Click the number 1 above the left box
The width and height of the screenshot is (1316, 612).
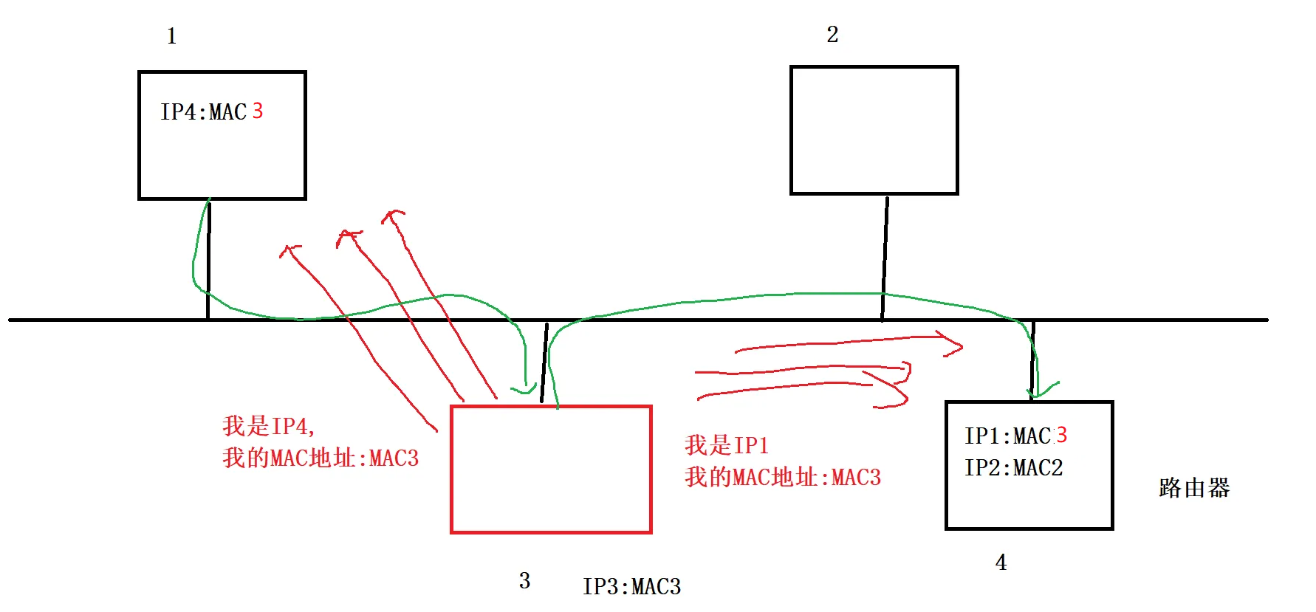(x=171, y=36)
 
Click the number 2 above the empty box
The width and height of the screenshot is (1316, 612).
(x=832, y=35)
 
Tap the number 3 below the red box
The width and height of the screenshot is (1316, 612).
(x=524, y=581)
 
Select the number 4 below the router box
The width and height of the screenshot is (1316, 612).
(x=1001, y=563)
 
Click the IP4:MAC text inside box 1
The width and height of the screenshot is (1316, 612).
(x=203, y=112)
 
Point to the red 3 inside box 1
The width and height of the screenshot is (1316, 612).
(x=258, y=111)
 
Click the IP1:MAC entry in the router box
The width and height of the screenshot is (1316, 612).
(x=1007, y=436)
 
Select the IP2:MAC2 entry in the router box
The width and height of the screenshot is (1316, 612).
(x=1013, y=468)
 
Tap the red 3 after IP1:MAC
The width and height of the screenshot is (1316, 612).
(x=1062, y=435)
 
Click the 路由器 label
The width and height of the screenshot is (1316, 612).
(x=1193, y=488)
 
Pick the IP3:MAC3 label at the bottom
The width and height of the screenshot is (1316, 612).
(x=631, y=587)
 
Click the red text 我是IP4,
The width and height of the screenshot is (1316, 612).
(x=269, y=426)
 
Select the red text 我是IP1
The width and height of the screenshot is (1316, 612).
(x=727, y=445)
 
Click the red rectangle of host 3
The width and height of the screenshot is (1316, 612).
(x=551, y=470)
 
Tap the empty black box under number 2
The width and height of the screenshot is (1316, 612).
(x=874, y=131)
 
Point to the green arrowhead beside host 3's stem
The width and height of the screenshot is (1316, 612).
(x=526, y=388)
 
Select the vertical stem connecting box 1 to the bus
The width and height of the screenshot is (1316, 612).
(x=209, y=258)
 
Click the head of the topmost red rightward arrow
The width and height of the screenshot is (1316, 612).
(x=956, y=343)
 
